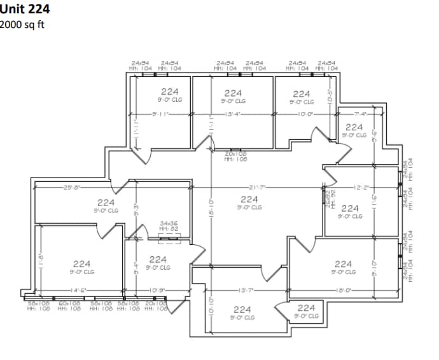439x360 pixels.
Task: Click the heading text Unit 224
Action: pos(25,10)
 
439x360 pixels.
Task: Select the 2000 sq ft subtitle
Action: pos(23,24)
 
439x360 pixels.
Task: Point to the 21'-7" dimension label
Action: pos(258,187)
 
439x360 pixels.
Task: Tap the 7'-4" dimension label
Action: pos(360,114)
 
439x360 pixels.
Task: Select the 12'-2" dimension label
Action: pos(361,187)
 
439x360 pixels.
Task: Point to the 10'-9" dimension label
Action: pos(157,291)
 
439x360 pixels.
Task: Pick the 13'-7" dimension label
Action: pos(246,291)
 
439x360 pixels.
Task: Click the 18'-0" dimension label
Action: pos(344,291)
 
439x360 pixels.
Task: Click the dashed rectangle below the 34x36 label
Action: pos(169,239)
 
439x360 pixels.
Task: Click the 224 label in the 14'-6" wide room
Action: pos(81,263)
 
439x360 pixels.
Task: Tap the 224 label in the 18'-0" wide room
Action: pos(343,263)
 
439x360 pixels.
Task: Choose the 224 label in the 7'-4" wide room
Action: pos(354,127)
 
